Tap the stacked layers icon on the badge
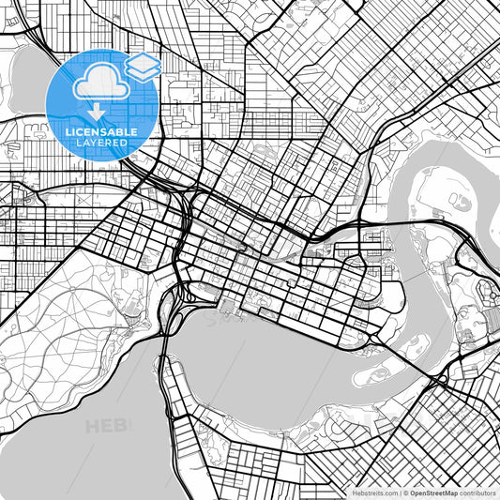pyautogui.click(x=143, y=66)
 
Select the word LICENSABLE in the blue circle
pyautogui.click(x=100, y=132)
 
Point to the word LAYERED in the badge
pyautogui.click(x=100, y=144)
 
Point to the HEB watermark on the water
pyautogui.click(x=105, y=427)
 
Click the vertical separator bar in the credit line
pyautogui.click(x=401, y=492)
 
